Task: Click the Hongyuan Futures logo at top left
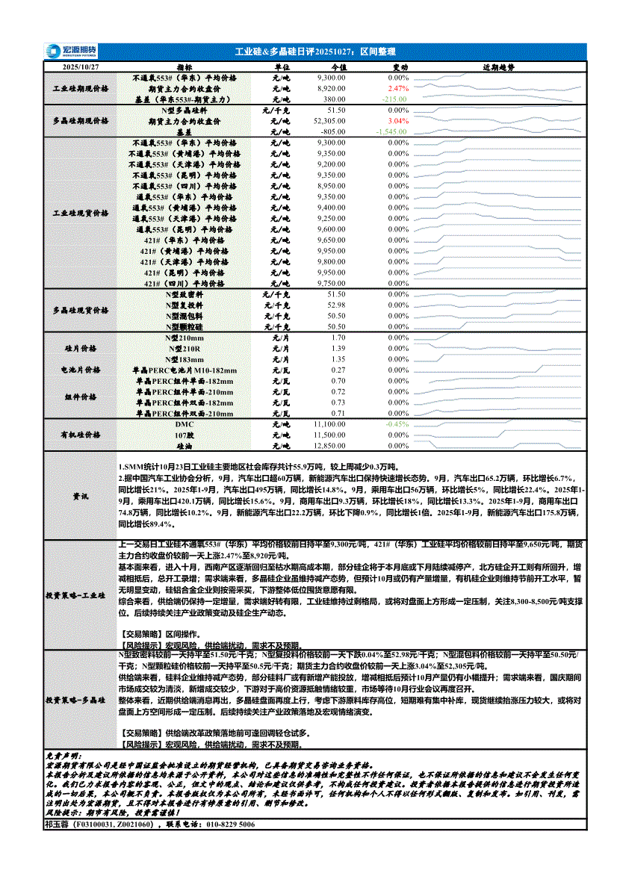[x=65, y=51]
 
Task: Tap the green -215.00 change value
[x=394, y=99]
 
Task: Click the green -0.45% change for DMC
[x=397, y=423]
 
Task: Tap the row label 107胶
[x=185, y=434]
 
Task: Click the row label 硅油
[x=185, y=445]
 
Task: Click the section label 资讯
[x=80, y=496]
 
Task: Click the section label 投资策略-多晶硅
[x=80, y=701]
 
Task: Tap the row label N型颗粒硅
[x=185, y=326]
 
